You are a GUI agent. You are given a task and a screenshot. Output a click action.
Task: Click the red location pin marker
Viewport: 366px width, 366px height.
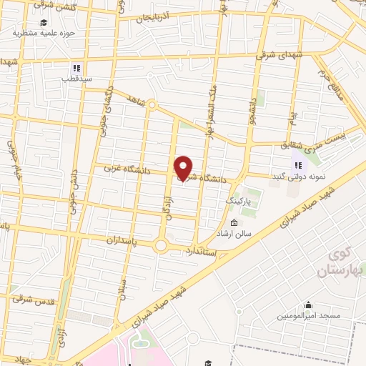[184, 167]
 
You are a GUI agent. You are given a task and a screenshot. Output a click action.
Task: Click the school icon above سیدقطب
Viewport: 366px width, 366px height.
[77, 69]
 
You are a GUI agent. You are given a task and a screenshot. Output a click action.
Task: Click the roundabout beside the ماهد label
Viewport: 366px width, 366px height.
[152, 105]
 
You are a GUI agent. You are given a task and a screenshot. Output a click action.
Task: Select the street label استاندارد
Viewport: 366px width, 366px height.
[206, 251]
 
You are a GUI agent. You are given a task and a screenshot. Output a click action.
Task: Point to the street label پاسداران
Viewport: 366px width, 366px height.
[113, 242]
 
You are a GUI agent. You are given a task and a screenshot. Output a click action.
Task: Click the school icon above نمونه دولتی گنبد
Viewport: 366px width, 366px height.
[297, 165]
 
